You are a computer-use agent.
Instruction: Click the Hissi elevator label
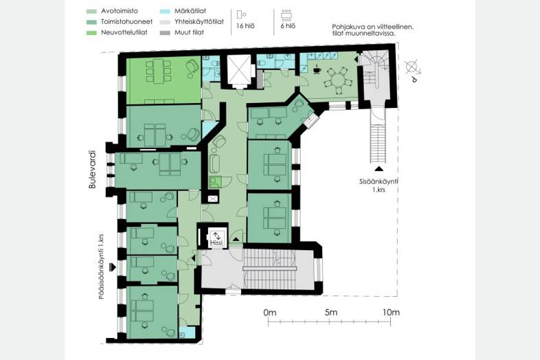click(x=216, y=243)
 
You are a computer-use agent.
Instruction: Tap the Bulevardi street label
click(x=92, y=170)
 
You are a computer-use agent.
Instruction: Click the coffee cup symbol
click(x=317, y=70)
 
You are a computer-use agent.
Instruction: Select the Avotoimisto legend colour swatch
click(x=91, y=12)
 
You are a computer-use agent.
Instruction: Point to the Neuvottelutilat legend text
click(x=124, y=32)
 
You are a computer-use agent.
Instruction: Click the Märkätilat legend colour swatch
click(x=165, y=12)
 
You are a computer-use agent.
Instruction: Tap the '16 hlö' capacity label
click(x=245, y=26)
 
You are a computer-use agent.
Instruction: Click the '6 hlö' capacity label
click(x=288, y=26)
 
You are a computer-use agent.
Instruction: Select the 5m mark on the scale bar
click(x=330, y=322)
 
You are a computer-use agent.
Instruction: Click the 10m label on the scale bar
click(x=391, y=313)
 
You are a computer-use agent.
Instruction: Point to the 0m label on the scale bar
click(x=269, y=313)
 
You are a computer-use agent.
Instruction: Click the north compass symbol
click(x=413, y=69)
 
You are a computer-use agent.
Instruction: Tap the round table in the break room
click(x=338, y=80)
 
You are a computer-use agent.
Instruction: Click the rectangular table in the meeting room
click(x=159, y=71)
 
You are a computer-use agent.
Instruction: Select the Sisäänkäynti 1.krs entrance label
click(x=379, y=185)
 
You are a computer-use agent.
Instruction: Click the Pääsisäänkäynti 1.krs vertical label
click(x=101, y=267)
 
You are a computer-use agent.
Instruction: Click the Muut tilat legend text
click(x=189, y=32)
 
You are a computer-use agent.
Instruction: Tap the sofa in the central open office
click(x=214, y=164)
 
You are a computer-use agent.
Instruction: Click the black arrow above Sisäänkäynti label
click(x=379, y=169)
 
